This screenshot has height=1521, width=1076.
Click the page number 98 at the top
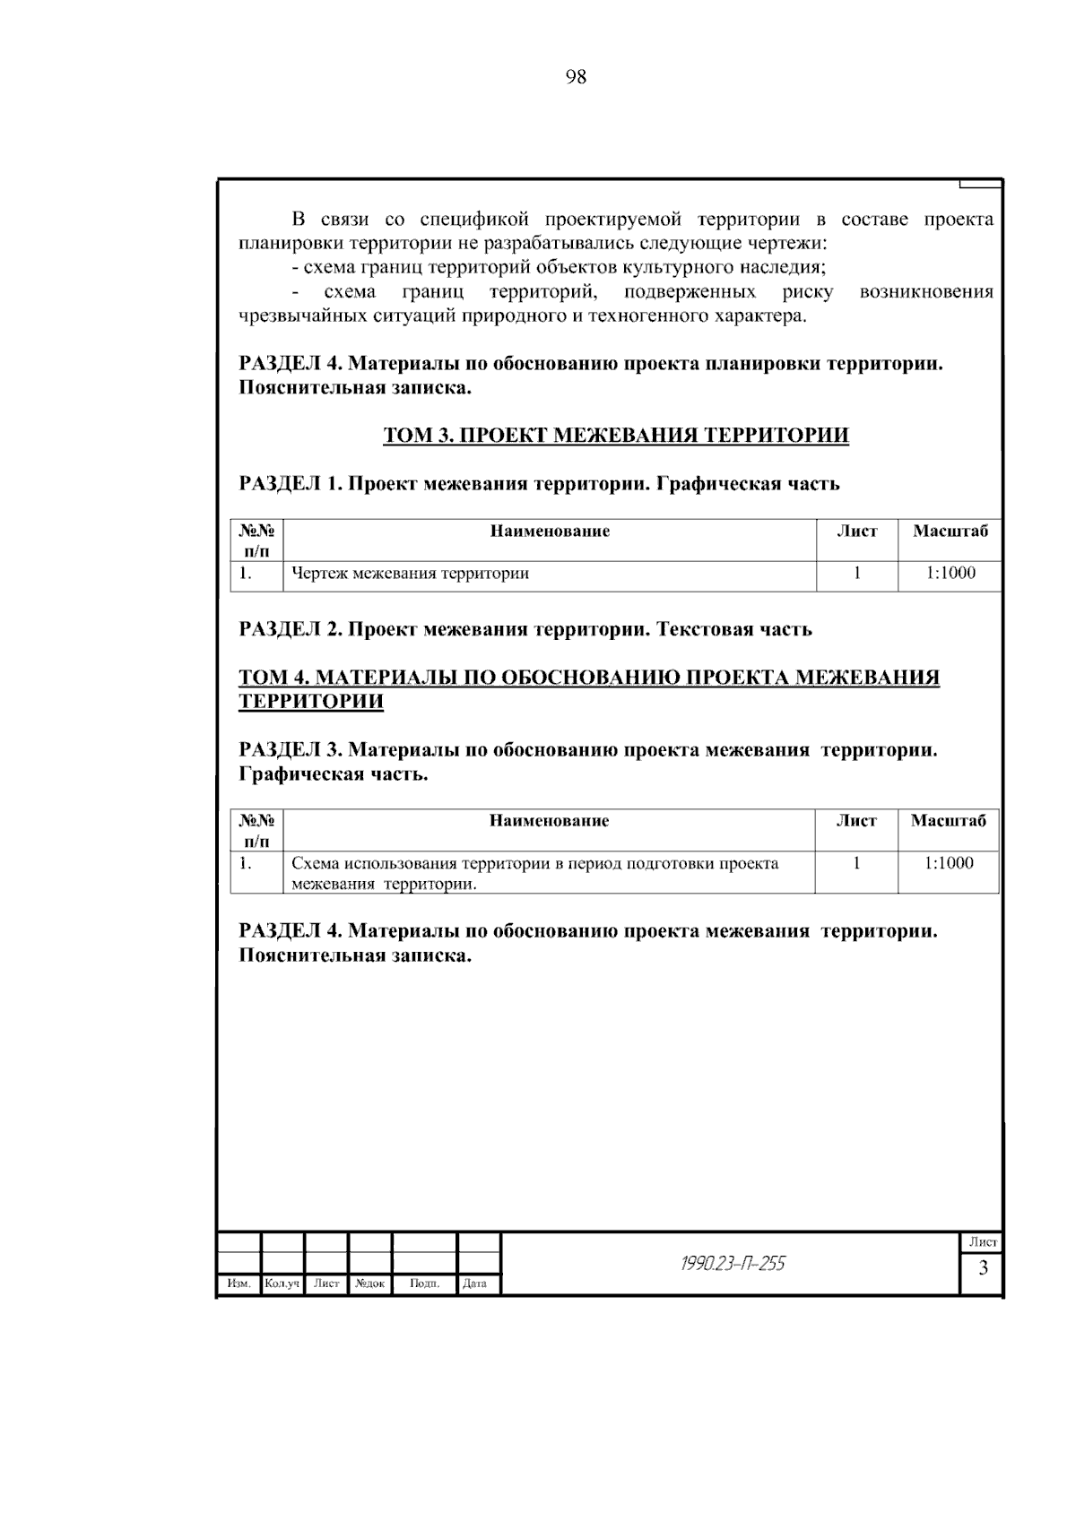point(577,78)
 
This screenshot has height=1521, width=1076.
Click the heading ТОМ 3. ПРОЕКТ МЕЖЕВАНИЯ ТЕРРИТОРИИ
point(616,436)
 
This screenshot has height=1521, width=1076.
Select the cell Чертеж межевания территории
point(411,574)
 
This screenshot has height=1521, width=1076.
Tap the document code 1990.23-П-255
point(732,1264)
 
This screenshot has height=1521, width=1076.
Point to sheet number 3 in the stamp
point(983,1268)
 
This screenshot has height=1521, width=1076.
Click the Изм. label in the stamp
point(239,1283)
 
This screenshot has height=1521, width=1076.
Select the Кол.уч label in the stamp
point(282,1283)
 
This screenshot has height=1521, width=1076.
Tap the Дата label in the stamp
point(474,1283)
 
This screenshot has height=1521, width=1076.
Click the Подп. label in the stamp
point(424,1283)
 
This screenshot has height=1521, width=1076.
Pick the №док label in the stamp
point(369,1283)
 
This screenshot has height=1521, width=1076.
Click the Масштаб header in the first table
point(950,531)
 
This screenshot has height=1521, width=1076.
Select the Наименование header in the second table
point(550,821)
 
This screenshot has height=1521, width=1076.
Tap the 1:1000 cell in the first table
point(950,574)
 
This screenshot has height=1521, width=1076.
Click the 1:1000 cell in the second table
point(949,863)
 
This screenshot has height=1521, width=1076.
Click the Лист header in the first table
point(856,531)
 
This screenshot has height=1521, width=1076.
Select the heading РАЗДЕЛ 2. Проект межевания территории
point(525,629)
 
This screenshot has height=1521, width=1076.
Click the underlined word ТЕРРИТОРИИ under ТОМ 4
point(311,701)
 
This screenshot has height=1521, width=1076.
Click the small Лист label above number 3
point(983,1242)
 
